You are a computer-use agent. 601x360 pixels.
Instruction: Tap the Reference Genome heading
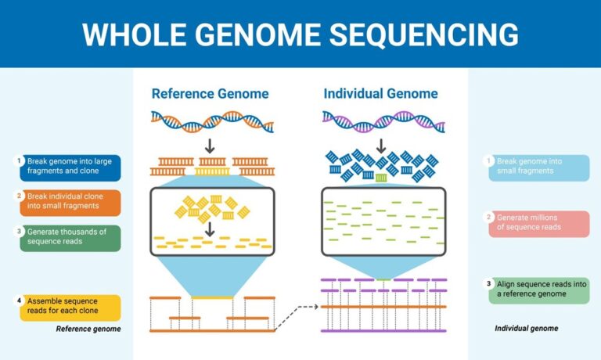click(210, 94)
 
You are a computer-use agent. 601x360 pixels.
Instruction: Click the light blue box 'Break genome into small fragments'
click(538, 167)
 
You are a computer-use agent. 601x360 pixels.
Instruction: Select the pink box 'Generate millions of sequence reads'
click(538, 222)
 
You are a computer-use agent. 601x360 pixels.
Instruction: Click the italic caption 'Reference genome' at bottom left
click(88, 329)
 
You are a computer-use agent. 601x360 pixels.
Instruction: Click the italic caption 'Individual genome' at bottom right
click(527, 329)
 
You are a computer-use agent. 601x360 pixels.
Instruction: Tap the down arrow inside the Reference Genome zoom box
click(210, 228)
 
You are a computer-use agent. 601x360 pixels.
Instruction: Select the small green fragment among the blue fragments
click(381, 178)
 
